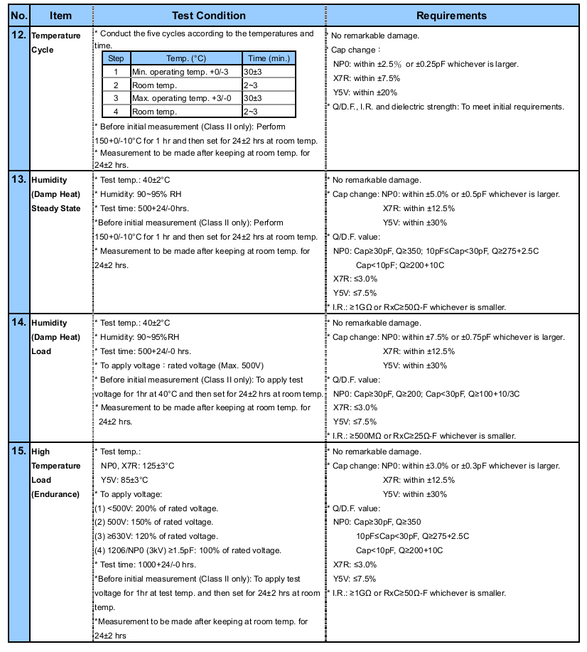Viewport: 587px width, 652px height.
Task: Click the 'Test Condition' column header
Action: [x=209, y=16]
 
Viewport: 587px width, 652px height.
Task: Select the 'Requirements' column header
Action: [x=451, y=16]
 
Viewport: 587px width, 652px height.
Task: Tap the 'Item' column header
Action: [x=61, y=16]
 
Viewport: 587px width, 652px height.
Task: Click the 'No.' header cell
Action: [x=20, y=16]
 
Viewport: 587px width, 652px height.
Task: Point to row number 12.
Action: [x=20, y=35]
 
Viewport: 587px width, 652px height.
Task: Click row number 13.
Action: [x=20, y=179]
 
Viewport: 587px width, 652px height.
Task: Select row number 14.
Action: [x=20, y=322]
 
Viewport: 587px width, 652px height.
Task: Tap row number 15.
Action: [x=20, y=451]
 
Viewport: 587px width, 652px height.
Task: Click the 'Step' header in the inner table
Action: [x=116, y=58]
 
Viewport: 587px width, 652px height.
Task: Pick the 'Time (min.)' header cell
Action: [x=268, y=58]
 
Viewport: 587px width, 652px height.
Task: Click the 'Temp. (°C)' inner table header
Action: [x=185, y=58]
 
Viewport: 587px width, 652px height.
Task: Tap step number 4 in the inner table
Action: [x=116, y=112]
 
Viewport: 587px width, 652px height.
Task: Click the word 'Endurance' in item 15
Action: [x=55, y=494]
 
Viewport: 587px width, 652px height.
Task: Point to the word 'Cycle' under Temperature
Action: [x=42, y=50]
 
